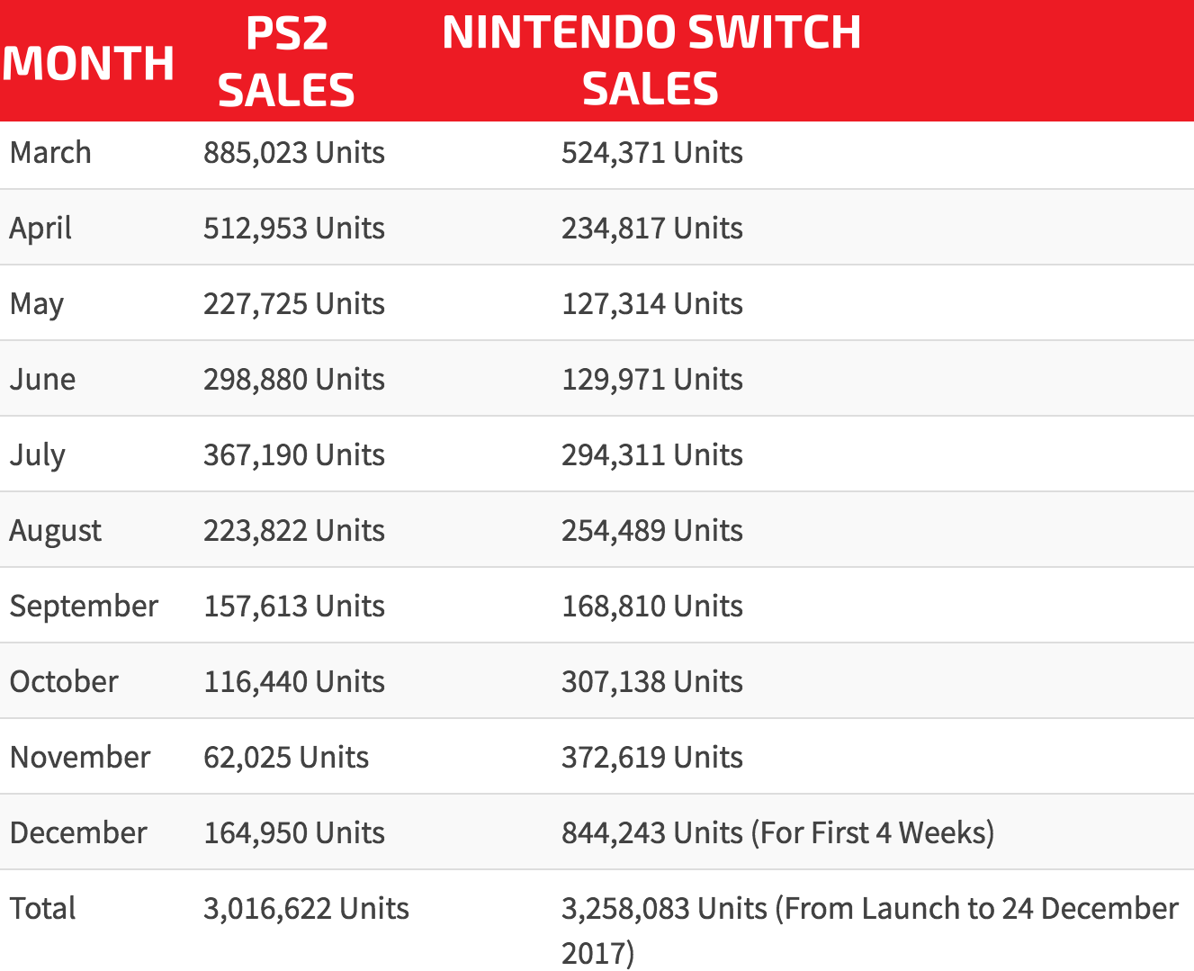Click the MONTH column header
(88, 63)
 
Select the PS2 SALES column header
(286, 61)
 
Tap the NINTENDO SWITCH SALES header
(651, 60)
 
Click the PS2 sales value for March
(293, 153)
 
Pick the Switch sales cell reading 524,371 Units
(651, 153)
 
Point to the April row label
(40, 229)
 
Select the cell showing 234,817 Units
(651, 229)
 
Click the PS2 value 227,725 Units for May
(293, 304)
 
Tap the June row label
(42, 380)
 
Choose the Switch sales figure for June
(651, 380)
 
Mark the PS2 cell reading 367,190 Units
(293, 455)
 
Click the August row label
(55, 531)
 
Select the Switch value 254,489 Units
(651, 531)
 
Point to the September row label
(84, 607)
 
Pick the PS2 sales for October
(293, 682)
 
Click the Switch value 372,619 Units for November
(651, 758)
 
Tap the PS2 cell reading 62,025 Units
(285, 758)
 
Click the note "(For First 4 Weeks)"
(872, 833)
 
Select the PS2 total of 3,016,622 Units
(306, 909)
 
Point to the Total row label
(42, 909)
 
